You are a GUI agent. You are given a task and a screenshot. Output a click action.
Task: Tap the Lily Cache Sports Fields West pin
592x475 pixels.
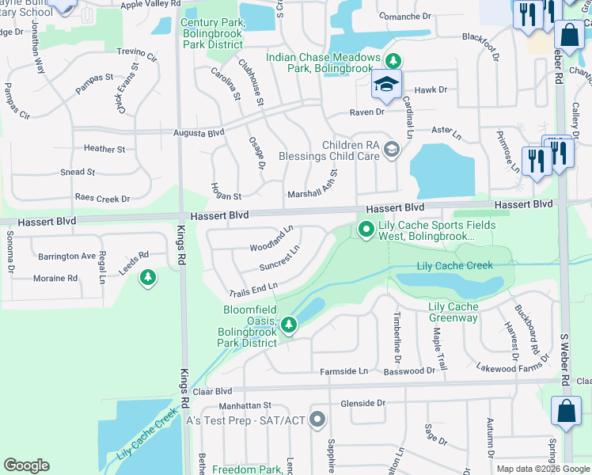pos(366,230)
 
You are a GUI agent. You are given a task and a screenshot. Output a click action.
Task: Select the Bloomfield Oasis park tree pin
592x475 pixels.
pos(289,324)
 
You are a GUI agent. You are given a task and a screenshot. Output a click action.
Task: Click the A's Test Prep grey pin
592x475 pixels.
pos(318,420)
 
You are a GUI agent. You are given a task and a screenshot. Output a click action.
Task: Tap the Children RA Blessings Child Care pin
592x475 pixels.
pos(390,149)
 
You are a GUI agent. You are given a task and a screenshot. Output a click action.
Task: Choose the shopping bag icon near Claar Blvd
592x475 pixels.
pos(567,412)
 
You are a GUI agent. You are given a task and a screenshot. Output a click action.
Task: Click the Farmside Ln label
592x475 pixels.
pos(343,371)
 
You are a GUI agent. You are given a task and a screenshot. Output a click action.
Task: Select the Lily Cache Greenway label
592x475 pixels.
pos(453,312)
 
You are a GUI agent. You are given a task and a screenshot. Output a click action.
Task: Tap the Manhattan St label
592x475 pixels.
pos(245,405)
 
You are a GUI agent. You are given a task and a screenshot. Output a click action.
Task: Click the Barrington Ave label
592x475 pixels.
pos(66,256)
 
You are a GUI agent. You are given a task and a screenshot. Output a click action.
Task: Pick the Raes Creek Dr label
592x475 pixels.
pos(102,198)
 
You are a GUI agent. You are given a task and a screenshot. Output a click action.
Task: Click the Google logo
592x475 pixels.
pos(27,465)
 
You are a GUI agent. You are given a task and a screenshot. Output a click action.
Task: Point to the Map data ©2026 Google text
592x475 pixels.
pos(542,469)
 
